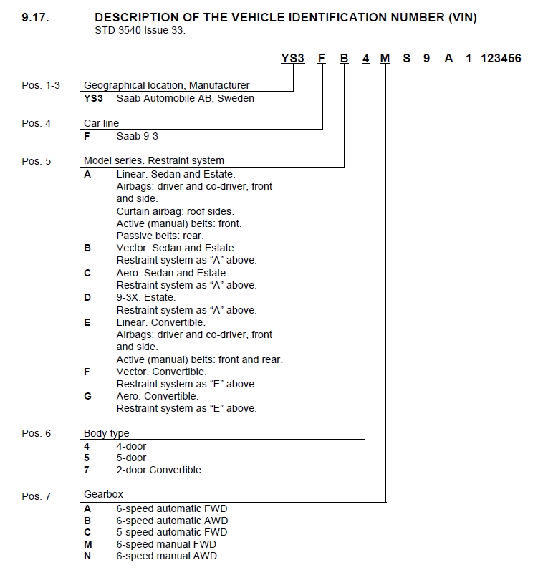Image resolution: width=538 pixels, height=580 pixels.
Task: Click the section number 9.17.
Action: tap(35, 17)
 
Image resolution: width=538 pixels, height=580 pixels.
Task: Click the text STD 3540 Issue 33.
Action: tap(140, 30)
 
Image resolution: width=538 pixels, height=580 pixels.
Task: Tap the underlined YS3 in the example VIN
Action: tap(292, 59)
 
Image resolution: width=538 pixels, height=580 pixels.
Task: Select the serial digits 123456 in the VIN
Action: tap(501, 59)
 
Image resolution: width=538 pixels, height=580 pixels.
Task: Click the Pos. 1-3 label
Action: tap(41, 85)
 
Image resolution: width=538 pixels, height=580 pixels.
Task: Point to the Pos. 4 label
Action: tap(37, 123)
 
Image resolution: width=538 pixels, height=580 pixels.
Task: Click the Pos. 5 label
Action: tap(37, 161)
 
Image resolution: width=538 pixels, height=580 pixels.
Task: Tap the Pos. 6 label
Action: tap(37, 433)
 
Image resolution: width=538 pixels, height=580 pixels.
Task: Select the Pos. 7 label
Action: tap(37, 496)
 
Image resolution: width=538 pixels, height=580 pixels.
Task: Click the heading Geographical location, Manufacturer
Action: tap(166, 85)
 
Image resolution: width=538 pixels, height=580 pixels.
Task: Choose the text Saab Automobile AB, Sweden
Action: tap(185, 98)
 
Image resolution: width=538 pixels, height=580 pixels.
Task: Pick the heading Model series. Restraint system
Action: tap(153, 161)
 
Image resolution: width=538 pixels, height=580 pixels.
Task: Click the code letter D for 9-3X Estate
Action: tap(87, 297)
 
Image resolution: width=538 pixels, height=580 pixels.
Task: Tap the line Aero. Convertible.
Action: tap(158, 396)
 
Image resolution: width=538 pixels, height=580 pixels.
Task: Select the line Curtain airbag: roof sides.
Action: tap(175, 211)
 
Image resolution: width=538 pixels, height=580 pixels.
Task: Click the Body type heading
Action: tap(106, 433)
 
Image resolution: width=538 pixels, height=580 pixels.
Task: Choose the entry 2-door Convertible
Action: tap(158, 470)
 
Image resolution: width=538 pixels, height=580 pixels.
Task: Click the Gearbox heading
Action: tap(103, 495)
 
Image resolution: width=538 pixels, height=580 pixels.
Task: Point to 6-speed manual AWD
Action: tap(166, 556)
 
